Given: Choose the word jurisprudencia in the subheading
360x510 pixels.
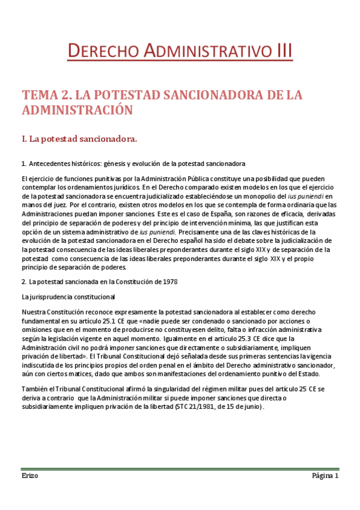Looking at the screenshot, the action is (x=52, y=296).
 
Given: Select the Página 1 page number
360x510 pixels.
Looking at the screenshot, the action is (x=325, y=476).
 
